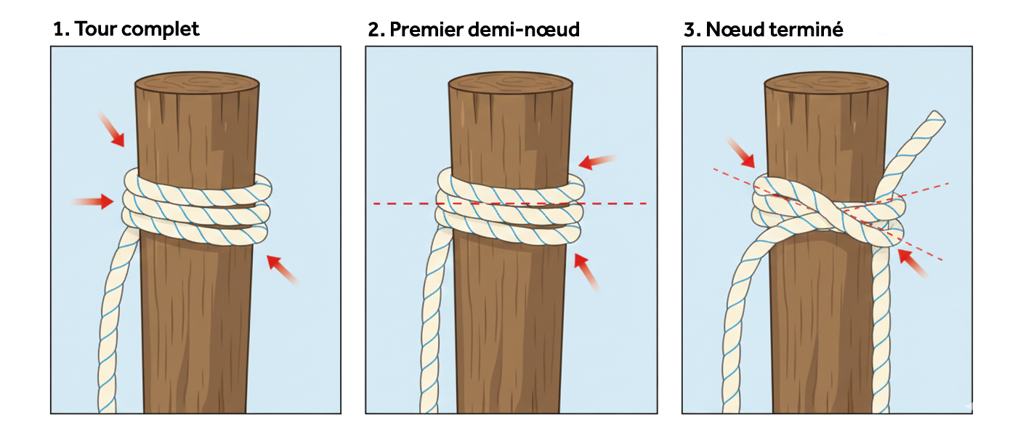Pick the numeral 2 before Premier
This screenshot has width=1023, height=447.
[374, 30]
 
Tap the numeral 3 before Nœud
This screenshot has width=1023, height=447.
[690, 30]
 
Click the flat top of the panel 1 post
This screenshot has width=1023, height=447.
[197, 82]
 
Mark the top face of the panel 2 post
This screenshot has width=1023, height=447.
[511, 82]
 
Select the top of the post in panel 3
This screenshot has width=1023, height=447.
[826, 82]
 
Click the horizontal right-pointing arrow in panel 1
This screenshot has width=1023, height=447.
[94, 201]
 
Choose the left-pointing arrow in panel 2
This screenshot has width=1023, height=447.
[598, 161]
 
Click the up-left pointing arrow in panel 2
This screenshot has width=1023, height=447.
[588, 270]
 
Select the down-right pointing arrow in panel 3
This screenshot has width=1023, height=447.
[741, 151]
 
